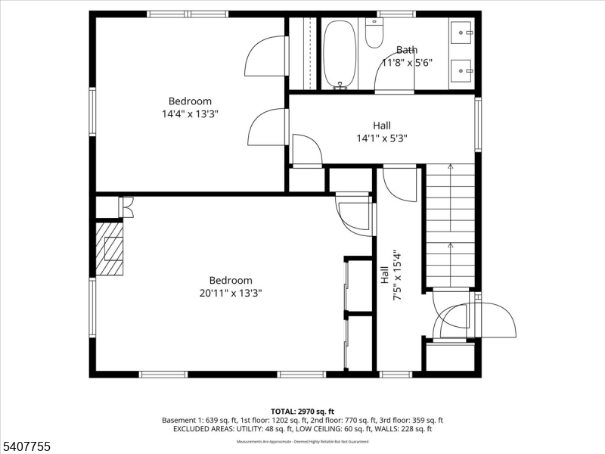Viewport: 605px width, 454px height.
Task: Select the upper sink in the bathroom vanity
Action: point(462,33)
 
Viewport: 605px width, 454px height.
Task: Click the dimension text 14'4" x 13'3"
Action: point(190,113)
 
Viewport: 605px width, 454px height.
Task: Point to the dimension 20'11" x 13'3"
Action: point(231,293)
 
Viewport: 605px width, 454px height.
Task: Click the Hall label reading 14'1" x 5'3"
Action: point(382,138)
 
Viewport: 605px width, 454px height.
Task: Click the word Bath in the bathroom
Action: point(406,50)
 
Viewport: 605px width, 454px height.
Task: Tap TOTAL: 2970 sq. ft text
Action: point(302,411)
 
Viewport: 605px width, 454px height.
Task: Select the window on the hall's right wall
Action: point(478,124)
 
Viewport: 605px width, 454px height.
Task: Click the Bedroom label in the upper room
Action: point(190,101)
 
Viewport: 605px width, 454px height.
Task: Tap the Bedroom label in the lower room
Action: point(231,280)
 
